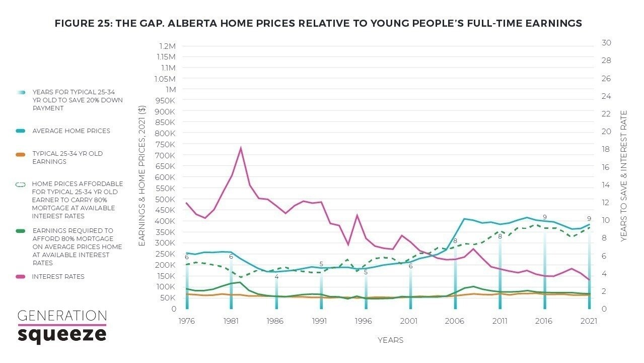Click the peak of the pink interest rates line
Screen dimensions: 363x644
[241, 148]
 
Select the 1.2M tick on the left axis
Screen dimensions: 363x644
[167, 46]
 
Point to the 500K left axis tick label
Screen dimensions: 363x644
[166, 199]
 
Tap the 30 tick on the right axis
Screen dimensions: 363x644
[606, 43]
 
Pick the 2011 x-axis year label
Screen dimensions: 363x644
[499, 320]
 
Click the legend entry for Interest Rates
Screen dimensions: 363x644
[58, 276]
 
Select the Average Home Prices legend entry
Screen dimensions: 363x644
[71, 131]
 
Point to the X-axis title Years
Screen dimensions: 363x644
[390, 340]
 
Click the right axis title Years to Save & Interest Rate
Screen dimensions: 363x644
[623, 176]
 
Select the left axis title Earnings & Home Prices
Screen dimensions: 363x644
[142, 176]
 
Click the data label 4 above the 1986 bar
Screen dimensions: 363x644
[276, 277]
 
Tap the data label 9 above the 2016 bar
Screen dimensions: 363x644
[544, 217]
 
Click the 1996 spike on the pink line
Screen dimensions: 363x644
[357, 216]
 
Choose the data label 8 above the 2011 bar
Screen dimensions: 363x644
[500, 236]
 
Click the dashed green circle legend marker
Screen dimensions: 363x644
[20, 185]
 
